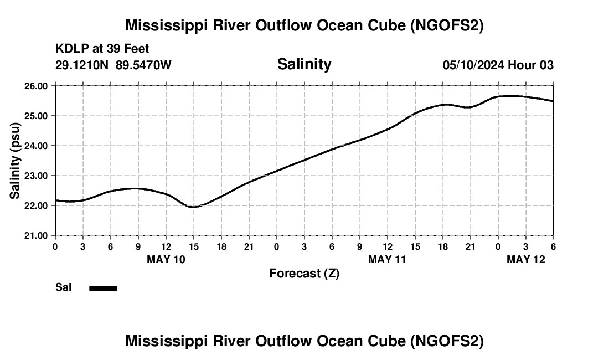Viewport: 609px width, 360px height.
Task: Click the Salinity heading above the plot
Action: [304, 64]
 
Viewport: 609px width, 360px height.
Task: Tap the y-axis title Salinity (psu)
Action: [15, 161]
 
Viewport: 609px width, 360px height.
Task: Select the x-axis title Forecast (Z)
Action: [304, 273]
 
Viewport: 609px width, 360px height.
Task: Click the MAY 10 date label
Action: [166, 259]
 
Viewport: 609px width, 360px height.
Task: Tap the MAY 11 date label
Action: [388, 259]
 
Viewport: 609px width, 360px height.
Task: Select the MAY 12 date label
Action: [526, 259]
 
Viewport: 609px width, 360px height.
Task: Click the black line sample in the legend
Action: [104, 288]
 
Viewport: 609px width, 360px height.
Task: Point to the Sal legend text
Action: [63, 287]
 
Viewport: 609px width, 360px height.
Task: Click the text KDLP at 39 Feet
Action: [102, 49]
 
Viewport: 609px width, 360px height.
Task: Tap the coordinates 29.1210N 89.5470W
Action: [113, 65]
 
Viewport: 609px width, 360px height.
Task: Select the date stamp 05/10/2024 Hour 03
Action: [498, 65]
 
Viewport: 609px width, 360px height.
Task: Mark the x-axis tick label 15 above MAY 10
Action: [193, 246]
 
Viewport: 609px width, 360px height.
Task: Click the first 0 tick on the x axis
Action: [55, 246]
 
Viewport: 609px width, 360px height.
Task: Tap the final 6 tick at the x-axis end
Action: [553, 246]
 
